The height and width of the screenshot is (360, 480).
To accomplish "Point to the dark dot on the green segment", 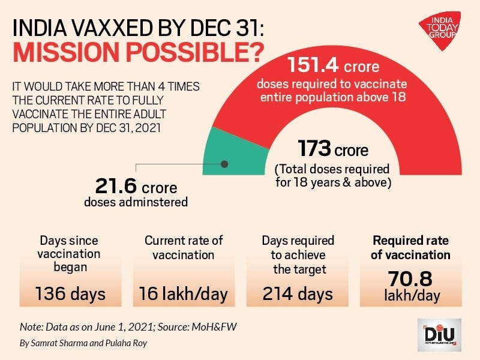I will pos(225,164).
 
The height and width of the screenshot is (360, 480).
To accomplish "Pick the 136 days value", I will pos(70,294).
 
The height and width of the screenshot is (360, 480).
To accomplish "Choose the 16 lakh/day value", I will pos(183,294).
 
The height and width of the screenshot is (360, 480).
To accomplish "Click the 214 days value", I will pos(298,294).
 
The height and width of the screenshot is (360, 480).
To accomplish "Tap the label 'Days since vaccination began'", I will pos(70,254).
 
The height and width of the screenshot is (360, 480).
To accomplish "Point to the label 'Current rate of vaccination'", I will pos(184,247).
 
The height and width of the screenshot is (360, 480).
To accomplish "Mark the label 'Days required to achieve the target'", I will pos(298,254).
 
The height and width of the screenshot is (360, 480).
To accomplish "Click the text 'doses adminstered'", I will pos(136,202).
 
